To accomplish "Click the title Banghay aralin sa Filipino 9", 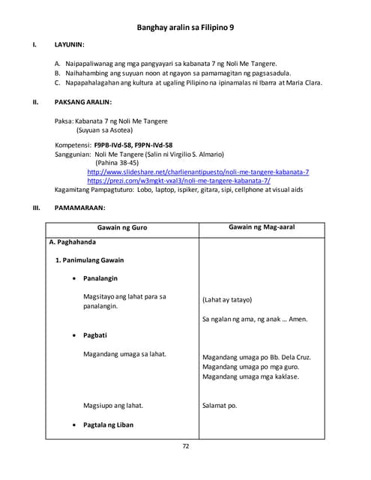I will point(185,27).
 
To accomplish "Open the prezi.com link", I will point(178,181).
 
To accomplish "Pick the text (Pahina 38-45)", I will point(121,163).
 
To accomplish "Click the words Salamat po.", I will point(219,406).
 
